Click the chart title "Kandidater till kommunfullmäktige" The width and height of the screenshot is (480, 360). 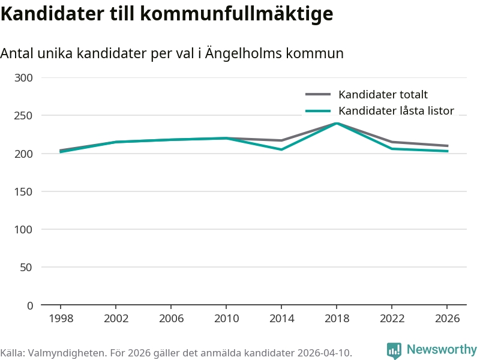(x=166, y=13)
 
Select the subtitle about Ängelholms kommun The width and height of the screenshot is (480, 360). (x=172, y=53)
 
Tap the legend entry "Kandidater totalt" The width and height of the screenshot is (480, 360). (x=383, y=94)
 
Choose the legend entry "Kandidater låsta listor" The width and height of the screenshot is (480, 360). (x=396, y=110)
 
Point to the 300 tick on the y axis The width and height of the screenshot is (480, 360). (x=24, y=77)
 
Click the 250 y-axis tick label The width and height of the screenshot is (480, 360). (x=24, y=116)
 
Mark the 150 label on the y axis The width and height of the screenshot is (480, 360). (x=24, y=191)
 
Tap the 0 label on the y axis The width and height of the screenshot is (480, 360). (x=30, y=305)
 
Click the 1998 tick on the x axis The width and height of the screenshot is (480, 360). (x=61, y=318)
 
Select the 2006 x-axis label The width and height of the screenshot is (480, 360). (x=171, y=318)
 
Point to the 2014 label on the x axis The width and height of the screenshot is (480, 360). (x=281, y=318)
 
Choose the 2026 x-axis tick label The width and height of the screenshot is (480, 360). (x=447, y=318)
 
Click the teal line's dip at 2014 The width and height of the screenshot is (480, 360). (x=281, y=149)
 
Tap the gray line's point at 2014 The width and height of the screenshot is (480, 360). (x=281, y=140)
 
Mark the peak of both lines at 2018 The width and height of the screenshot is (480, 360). (x=337, y=123)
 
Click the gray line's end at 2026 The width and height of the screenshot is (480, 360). (x=447, y=146)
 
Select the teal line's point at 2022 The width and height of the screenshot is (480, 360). (x=392, y=149)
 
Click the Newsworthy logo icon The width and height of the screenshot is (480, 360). (x=394, y=350)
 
